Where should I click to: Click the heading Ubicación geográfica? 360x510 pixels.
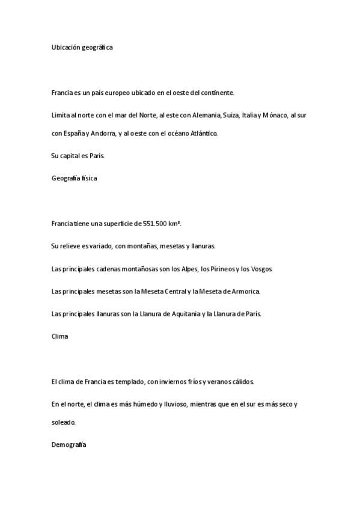click(82, 47)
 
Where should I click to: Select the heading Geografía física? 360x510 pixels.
click(75, 178)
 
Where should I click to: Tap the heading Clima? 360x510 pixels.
click(60, 336)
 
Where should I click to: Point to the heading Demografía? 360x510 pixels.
click(70, 445)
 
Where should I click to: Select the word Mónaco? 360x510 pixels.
click(275, 114)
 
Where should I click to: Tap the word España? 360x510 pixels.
click(77, 134)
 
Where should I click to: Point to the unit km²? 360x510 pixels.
click(175, 224)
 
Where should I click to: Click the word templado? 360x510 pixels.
click(126, 381)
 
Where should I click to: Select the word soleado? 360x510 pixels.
click(64, 423)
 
